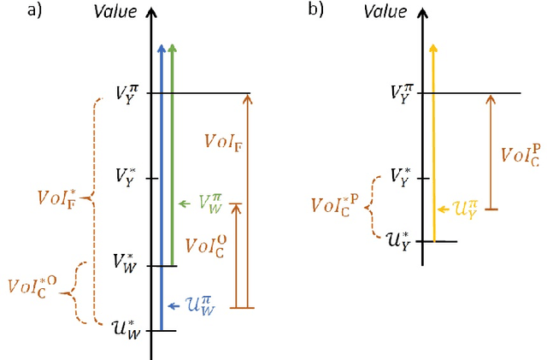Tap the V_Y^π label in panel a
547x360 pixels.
click(x=131, y=92)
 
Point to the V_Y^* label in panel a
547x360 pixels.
click(x=128, y=177)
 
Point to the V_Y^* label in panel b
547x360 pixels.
click(x=402, y=177)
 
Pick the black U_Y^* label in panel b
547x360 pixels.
click(x=401, y=239)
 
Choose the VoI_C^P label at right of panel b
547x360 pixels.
click(x=519, y=153)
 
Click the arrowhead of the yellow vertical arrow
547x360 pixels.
click(x=433, y=50)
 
